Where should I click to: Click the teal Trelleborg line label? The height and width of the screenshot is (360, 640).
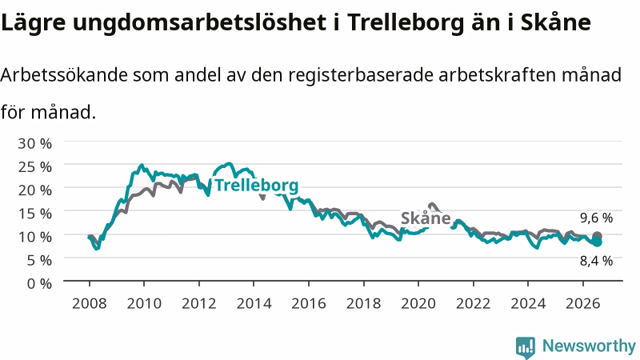[x=257, y=186]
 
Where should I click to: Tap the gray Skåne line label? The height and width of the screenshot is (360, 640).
[x=426, y=218]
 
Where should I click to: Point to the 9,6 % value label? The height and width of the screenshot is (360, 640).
[x=596, y=218]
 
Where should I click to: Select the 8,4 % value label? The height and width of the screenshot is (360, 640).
[x=596, y=261]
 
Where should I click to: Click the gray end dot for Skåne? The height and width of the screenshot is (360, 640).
[x=597, y=236]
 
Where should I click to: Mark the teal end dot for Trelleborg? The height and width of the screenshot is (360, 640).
[x=597, y=242]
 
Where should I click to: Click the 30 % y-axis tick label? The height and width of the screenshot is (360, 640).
[x=34, y=144]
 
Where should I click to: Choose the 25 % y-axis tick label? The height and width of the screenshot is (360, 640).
[x=34, y=167]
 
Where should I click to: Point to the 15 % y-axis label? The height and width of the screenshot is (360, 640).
[x=34, y=214]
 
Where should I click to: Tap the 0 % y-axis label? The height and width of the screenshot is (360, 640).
[x=39, y=283]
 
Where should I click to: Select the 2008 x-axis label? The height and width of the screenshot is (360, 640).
[x=90, y=304]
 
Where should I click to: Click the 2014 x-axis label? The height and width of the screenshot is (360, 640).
[x=254, y=304]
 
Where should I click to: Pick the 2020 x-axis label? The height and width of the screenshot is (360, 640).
[x=418, y=304]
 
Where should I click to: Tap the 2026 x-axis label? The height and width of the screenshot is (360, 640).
[x=583, y=304]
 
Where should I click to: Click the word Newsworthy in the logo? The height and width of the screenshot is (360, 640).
[x=589, y=346]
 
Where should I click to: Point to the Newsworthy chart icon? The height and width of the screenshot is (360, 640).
[x=526, y=347]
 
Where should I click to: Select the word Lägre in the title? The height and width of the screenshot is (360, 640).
[x=33, y=22]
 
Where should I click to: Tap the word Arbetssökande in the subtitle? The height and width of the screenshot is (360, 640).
[x=64, y=75]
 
